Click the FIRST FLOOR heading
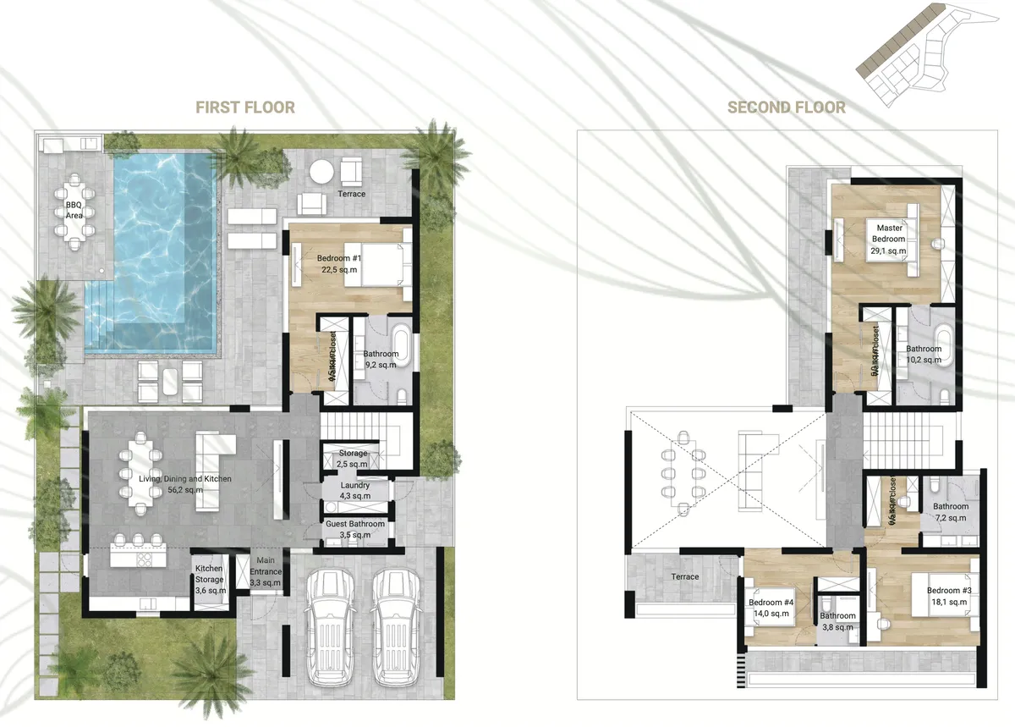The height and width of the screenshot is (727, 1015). click(x=245, y=107)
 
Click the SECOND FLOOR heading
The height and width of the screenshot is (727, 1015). click(x=787, y=107)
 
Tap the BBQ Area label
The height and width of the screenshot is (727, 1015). click(x=74, y=209)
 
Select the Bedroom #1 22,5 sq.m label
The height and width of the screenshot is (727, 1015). click(x=340, y=264)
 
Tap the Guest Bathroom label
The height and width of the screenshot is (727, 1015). click(x=355, y=529)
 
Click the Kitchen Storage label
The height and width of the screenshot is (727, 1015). click(x=209, y=580)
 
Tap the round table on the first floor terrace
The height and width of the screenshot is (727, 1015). click(x=321, y=172)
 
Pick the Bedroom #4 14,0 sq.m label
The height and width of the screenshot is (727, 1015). click(x=771, y=609)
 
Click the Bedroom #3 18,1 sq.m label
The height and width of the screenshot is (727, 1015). click(x=949, y=597)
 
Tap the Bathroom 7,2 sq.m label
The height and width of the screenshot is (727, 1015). click(x=951, y=512)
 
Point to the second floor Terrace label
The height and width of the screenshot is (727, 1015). click(x=685, y=577)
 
